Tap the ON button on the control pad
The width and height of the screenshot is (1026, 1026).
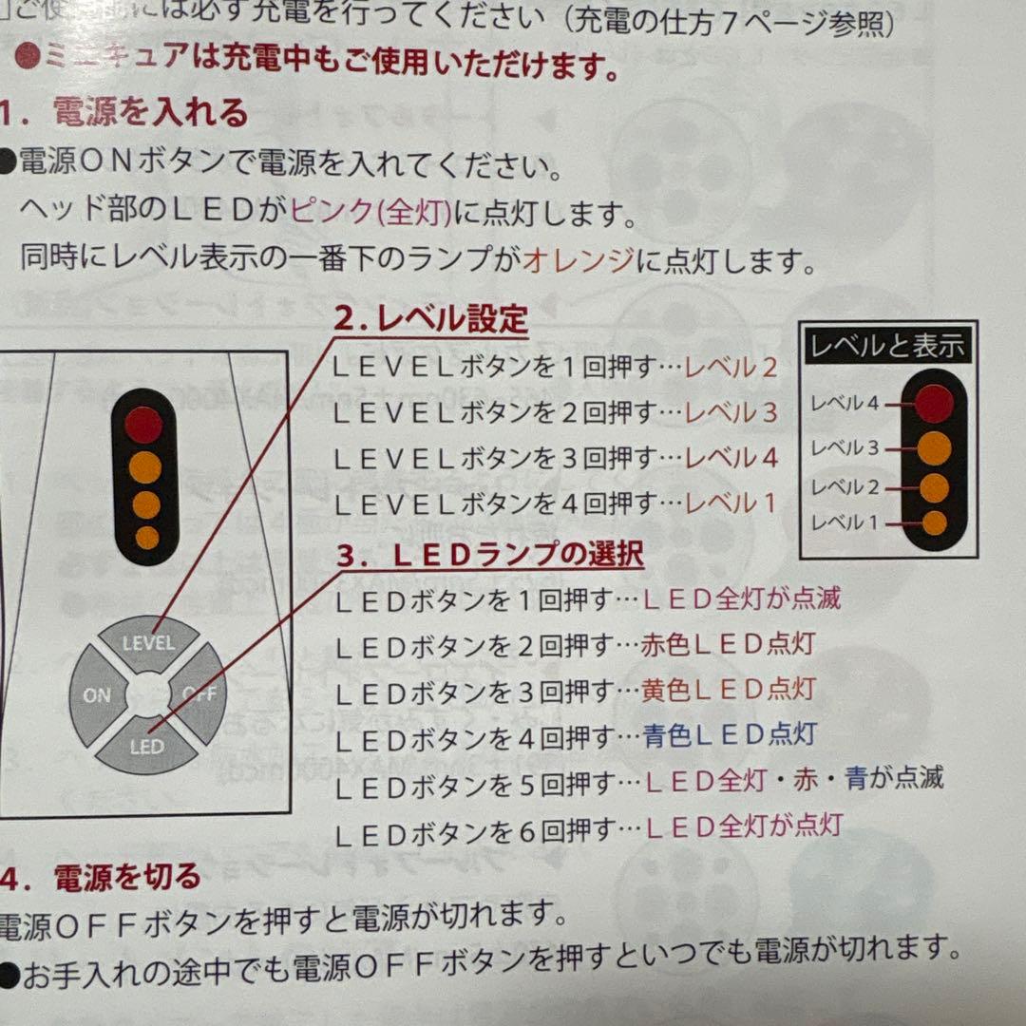pos(97,695)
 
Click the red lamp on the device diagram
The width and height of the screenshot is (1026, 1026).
pos(144,425)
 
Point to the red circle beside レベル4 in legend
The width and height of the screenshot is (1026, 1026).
pos(934,403)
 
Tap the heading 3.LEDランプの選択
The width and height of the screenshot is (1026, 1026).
pos(490,556)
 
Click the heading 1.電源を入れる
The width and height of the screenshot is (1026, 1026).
pos(123,114)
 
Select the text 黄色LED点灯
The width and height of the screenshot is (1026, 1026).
pos(729,689)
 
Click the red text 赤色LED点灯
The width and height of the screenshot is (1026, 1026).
pos(729,644)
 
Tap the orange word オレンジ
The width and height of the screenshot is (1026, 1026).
pos(578,259)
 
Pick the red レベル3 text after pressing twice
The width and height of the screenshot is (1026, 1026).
pos(731,413)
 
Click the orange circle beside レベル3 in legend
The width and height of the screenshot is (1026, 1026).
pos(934,446)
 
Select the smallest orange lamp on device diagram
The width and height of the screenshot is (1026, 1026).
pos(146,538)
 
